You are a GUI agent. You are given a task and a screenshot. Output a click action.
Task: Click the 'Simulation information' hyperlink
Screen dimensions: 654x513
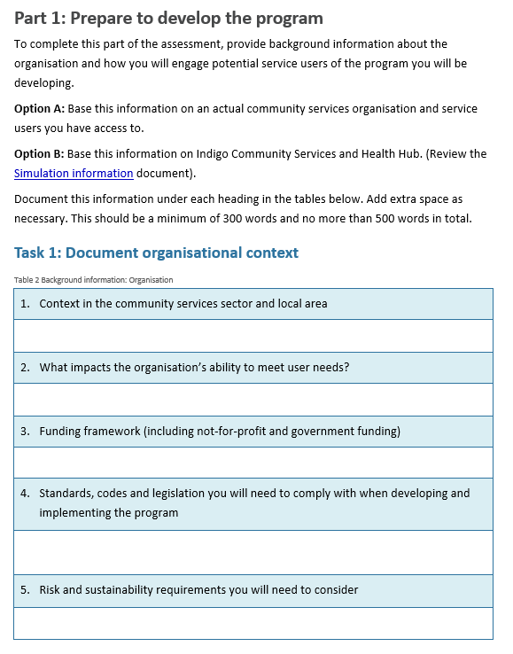click(x=74, y=174)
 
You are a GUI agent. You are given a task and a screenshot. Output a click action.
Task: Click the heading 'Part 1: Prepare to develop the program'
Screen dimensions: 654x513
click(x=168, y=18)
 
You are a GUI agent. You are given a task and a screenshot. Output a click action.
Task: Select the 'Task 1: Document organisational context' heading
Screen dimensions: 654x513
click(x=156, y=253)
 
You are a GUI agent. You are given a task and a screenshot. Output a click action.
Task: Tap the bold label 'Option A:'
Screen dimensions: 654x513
click(x=39, y=109)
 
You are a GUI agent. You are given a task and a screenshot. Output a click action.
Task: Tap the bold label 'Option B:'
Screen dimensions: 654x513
click(x=39, y=153)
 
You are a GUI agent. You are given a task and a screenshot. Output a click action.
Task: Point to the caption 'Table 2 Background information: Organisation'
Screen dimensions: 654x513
click(x=93, y=280)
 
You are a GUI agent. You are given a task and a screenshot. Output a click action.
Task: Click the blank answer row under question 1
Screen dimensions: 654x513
click(x=253, y=336)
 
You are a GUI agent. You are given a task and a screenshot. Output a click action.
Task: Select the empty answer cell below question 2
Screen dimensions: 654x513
click(x=253, y=400)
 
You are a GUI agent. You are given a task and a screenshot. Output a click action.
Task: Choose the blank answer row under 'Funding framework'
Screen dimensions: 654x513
click(x=253, y=463)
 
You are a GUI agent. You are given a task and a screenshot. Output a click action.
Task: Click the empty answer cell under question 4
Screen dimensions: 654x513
click(x=253, y=552)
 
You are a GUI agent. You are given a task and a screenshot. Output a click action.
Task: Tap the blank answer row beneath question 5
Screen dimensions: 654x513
click(x=253, y=622)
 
